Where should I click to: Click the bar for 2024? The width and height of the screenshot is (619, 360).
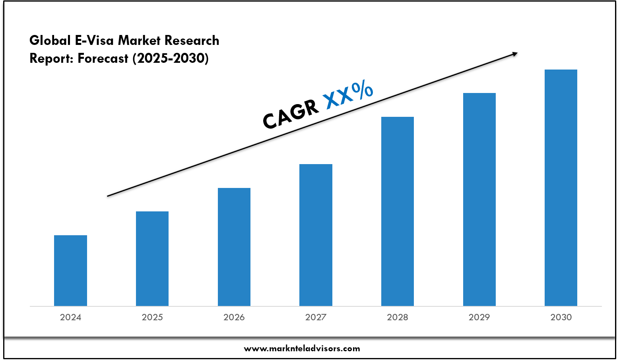click(70, 270)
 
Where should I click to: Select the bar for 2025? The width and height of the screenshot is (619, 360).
click(152, 258)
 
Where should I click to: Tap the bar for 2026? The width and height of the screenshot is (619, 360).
click(234, 246)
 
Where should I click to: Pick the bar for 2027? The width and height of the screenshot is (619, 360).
click(316, 234)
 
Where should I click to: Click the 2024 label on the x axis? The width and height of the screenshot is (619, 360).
click(70, 317)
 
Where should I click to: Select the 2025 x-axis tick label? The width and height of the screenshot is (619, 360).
click(152, 317)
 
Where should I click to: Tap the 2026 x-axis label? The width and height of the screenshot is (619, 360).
click(234, 317)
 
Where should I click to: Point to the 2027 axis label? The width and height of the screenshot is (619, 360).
click(316, 317)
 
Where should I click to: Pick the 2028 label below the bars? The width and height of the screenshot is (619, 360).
click(398, 317)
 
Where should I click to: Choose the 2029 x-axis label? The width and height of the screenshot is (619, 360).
click(479, 317)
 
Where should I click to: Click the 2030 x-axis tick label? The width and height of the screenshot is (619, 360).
click(561, 317)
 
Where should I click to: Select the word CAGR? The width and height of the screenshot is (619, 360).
click(291, 114)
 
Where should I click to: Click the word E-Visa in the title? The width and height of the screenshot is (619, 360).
click(95, 41)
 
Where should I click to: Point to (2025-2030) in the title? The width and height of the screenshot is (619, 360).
click(171, 58)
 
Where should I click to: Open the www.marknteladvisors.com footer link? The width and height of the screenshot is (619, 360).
click(302, 348)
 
